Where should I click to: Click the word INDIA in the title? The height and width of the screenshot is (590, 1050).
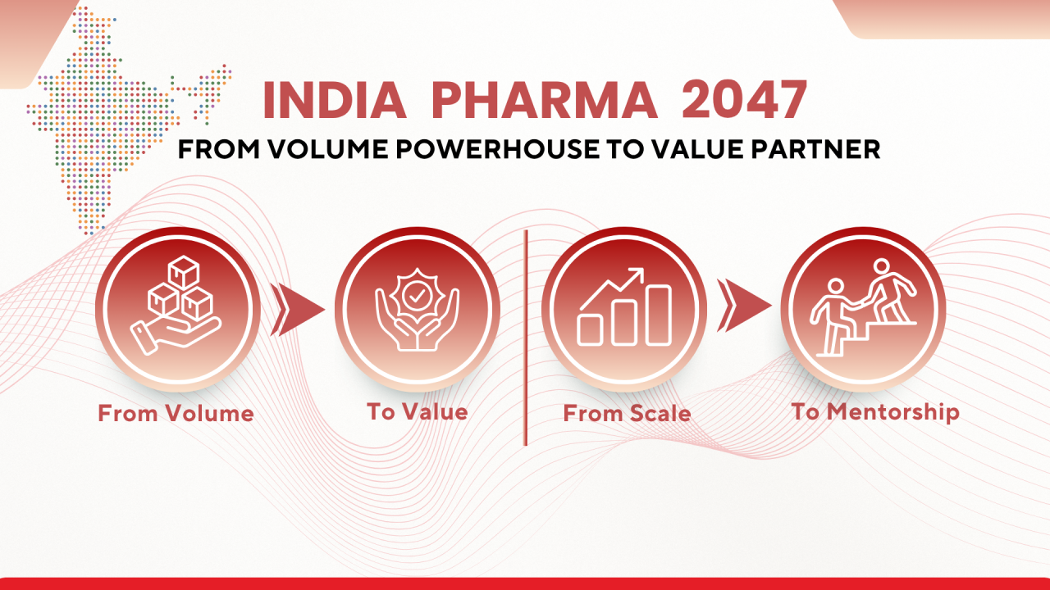335,102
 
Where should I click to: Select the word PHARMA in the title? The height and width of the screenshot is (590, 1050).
544,102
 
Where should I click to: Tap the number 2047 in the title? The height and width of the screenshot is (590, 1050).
744,102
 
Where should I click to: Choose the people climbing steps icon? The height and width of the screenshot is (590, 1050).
862,307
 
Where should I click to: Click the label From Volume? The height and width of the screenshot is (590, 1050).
176,413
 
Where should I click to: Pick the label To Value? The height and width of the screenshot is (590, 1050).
417,411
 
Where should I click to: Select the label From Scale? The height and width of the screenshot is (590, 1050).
627,413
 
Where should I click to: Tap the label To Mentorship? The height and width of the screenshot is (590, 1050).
875,411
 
